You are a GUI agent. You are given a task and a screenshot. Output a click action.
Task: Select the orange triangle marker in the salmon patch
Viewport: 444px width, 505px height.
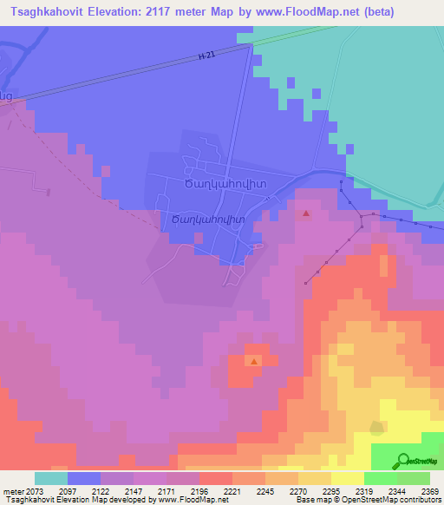click(254, 361)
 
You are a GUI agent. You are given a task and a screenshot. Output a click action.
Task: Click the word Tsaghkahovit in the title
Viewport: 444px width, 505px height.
click(49, 12)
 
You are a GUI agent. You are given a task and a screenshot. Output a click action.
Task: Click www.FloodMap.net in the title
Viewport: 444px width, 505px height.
click(287, 12)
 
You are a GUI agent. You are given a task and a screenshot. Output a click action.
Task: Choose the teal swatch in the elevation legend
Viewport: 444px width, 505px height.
click(51, 478)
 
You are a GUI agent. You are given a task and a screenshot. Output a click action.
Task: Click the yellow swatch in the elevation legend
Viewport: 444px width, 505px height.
click(347, 478)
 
